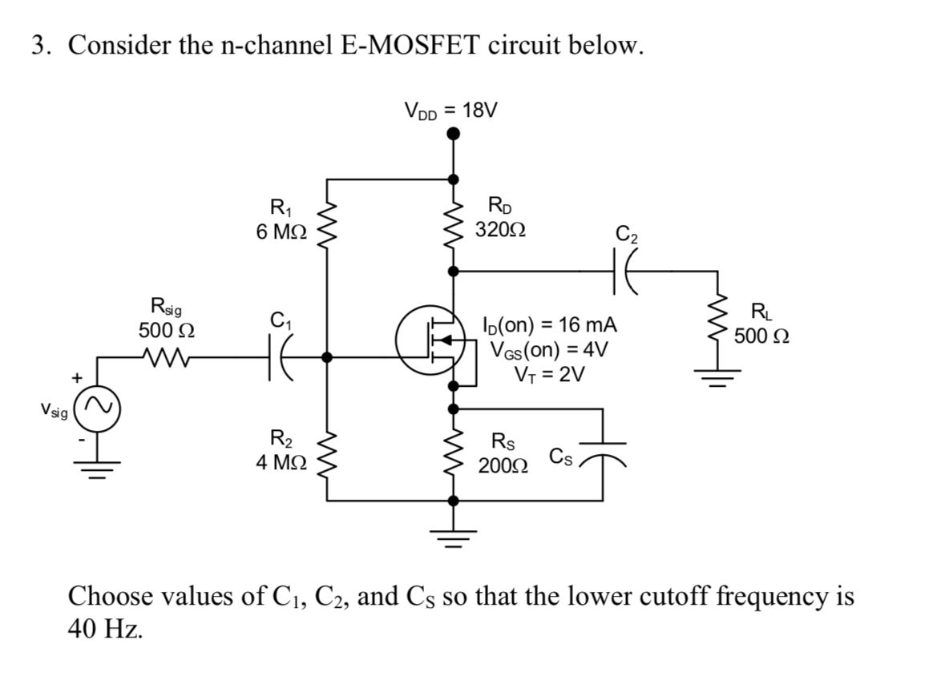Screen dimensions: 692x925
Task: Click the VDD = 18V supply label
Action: [451, 110]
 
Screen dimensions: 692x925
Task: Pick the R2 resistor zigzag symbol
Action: [327, 453]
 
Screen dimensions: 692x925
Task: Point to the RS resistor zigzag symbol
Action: [454, 453]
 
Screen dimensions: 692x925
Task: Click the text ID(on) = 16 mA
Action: [549, 326]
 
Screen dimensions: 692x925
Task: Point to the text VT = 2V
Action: [549, 374]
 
